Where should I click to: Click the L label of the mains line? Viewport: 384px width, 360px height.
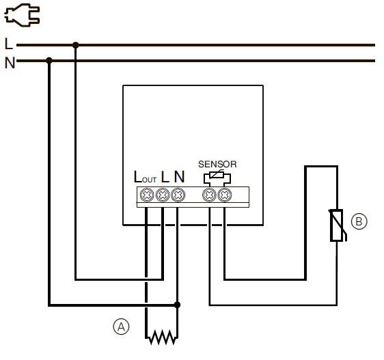[8, 44]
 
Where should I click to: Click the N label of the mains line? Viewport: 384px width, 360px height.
[9, 63]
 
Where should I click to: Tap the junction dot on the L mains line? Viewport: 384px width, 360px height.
[75, 45]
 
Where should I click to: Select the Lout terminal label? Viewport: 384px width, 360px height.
[145, 177]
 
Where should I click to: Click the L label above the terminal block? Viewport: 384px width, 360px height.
[165, 177]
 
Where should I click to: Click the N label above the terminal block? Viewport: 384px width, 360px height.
[178, 177]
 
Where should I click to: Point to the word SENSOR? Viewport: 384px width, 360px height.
[217, 164]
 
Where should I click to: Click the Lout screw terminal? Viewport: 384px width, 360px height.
[146, 195]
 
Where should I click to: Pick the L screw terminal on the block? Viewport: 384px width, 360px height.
[162, 195]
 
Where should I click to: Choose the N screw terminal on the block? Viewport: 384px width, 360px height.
[177, 195]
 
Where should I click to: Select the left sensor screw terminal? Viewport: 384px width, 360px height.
[209, 195]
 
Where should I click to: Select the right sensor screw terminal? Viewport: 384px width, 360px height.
[223, 195]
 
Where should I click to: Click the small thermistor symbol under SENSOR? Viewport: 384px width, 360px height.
[217, 176]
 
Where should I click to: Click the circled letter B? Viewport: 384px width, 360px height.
[359, 221]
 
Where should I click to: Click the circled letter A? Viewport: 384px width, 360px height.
[120, 327]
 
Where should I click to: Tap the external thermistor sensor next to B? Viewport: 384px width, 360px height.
[336, 226]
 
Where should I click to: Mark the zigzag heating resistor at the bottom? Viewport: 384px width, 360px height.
[161, 337]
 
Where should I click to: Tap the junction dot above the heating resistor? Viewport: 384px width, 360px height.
[177, 305]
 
